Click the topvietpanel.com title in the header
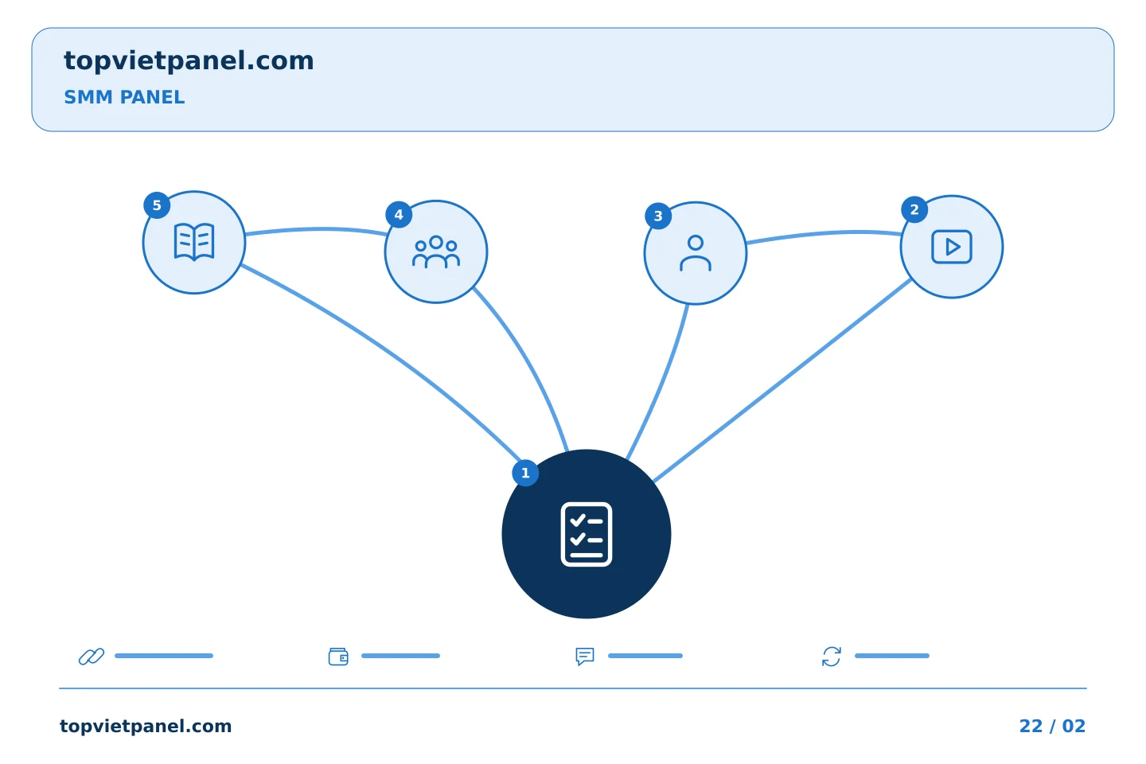[x=189, y=61]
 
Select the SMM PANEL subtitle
[x=124, y=97]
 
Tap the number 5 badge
[x=157, y=205]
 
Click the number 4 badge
[x=399, y=214]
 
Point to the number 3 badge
[x=658, y=216]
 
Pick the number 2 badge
[x=914, y=209]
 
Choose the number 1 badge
[x=525, y=473]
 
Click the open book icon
[x=194, y=242]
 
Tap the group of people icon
[x=436, y=251]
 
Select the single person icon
[x=696, y=253]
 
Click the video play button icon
[x=952, y=247]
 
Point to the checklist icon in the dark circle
[x=587, y=534]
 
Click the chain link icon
[x=92, y=656]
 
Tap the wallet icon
[x=338, y=657]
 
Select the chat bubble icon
[x=585, y=657]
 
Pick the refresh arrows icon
[x=832, y=657]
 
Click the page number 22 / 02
[x=1052, y=726]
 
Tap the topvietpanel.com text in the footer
[x=146, y=727]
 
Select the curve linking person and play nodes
[x=824, y=234]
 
